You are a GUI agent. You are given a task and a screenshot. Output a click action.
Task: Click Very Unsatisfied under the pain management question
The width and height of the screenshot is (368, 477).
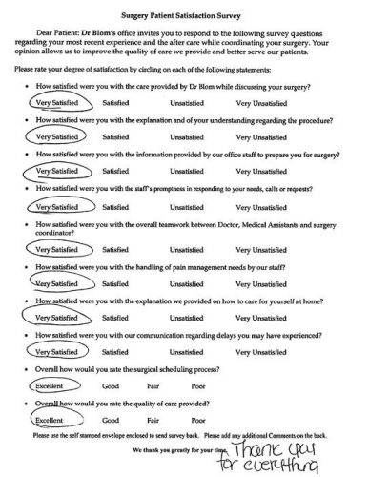point(252,283)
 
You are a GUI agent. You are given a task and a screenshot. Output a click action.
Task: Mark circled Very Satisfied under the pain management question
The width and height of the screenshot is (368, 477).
point(55,283)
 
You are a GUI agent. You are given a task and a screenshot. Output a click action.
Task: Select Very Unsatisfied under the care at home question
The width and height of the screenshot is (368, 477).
point(252,317)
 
